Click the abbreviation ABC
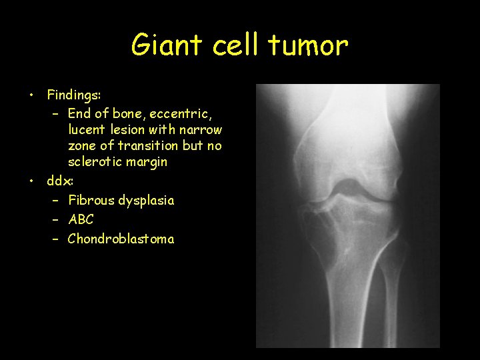click(81, 219)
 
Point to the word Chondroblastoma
click(121, 239)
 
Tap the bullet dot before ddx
click(31, 181)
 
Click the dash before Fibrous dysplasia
click(55, 200)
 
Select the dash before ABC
click(55, 219)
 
